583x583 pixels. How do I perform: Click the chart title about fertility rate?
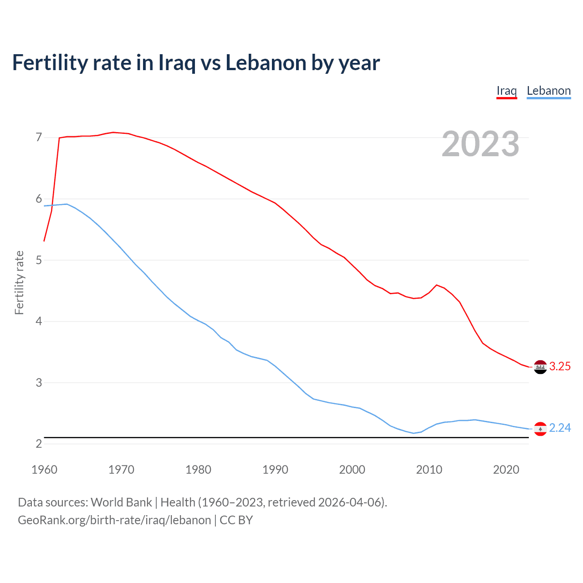tap(196, 63)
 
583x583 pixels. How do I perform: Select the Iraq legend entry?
tap(506, 91)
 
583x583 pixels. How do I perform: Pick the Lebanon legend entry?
tap(548, 91)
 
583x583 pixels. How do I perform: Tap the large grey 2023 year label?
tap(481, 144)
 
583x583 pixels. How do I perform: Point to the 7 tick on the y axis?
tap(39, 137)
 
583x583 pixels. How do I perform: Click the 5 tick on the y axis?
tap(39, 260)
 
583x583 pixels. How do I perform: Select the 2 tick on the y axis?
tap(39, 444)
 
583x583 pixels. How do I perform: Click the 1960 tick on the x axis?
tap(44, 470)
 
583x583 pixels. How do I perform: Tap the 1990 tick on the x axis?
tap(275, 470)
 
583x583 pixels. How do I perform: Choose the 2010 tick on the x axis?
tap(429, 470)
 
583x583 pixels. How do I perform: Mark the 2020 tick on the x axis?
tap(506, 470)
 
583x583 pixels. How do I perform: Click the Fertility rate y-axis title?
tap(19, 282)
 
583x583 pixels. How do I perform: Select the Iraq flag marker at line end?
tap(540, 367)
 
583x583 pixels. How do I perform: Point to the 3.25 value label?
tap(560, 367)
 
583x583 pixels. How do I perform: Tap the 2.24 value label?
tap(560, 428)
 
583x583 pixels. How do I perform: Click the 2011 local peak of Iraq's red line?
tap(437, 285)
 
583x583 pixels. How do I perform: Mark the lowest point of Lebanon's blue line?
tap(414, 433)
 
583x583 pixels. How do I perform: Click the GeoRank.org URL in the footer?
tap(114, 520)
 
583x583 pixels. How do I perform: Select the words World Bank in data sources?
tap(121, 502)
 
